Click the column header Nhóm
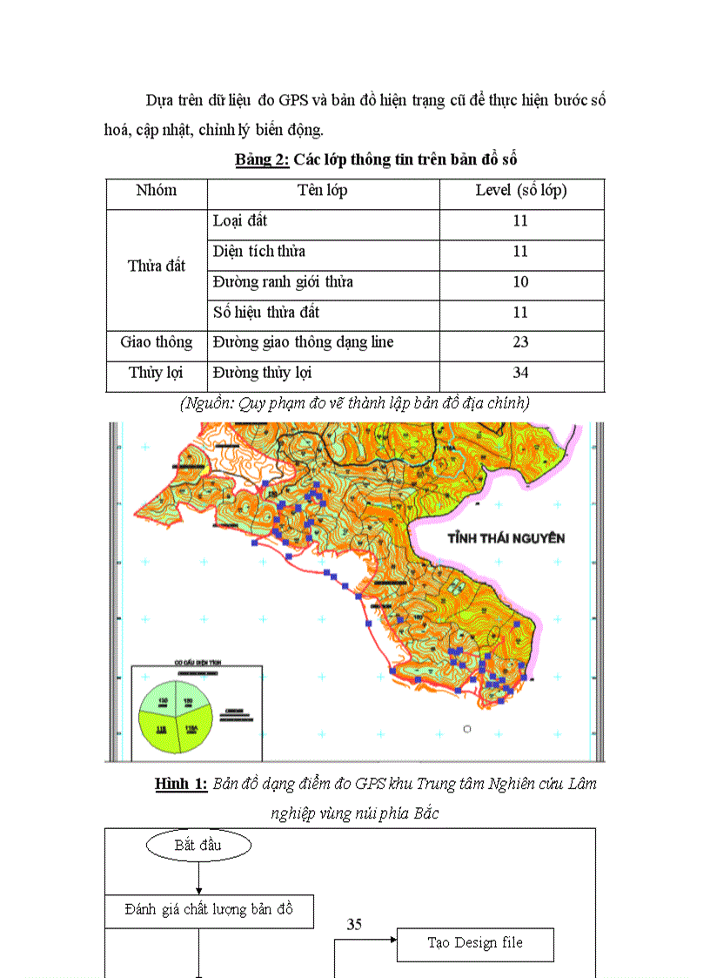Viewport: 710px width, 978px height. tap(157, 191)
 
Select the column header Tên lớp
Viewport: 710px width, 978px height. tap(323, 191)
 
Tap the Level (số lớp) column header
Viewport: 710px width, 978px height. tap(521, 191)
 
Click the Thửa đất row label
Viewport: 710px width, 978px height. tap(157, 266)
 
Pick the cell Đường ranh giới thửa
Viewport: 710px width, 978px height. tap(284, 282)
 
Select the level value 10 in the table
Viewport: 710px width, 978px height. tap(520, 282)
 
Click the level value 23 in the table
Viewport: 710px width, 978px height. tap(520, 342)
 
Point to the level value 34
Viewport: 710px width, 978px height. tap(520, 373)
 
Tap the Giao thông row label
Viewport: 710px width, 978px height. tap(157, 342)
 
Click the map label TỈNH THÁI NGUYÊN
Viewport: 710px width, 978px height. tap(506, 538)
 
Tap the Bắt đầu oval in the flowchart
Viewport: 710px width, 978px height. tap(198, 845)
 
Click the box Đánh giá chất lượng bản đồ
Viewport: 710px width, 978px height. tap(209, 910)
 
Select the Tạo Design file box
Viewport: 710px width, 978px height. tap(475, 943)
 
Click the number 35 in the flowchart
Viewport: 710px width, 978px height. tap(354, 925)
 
